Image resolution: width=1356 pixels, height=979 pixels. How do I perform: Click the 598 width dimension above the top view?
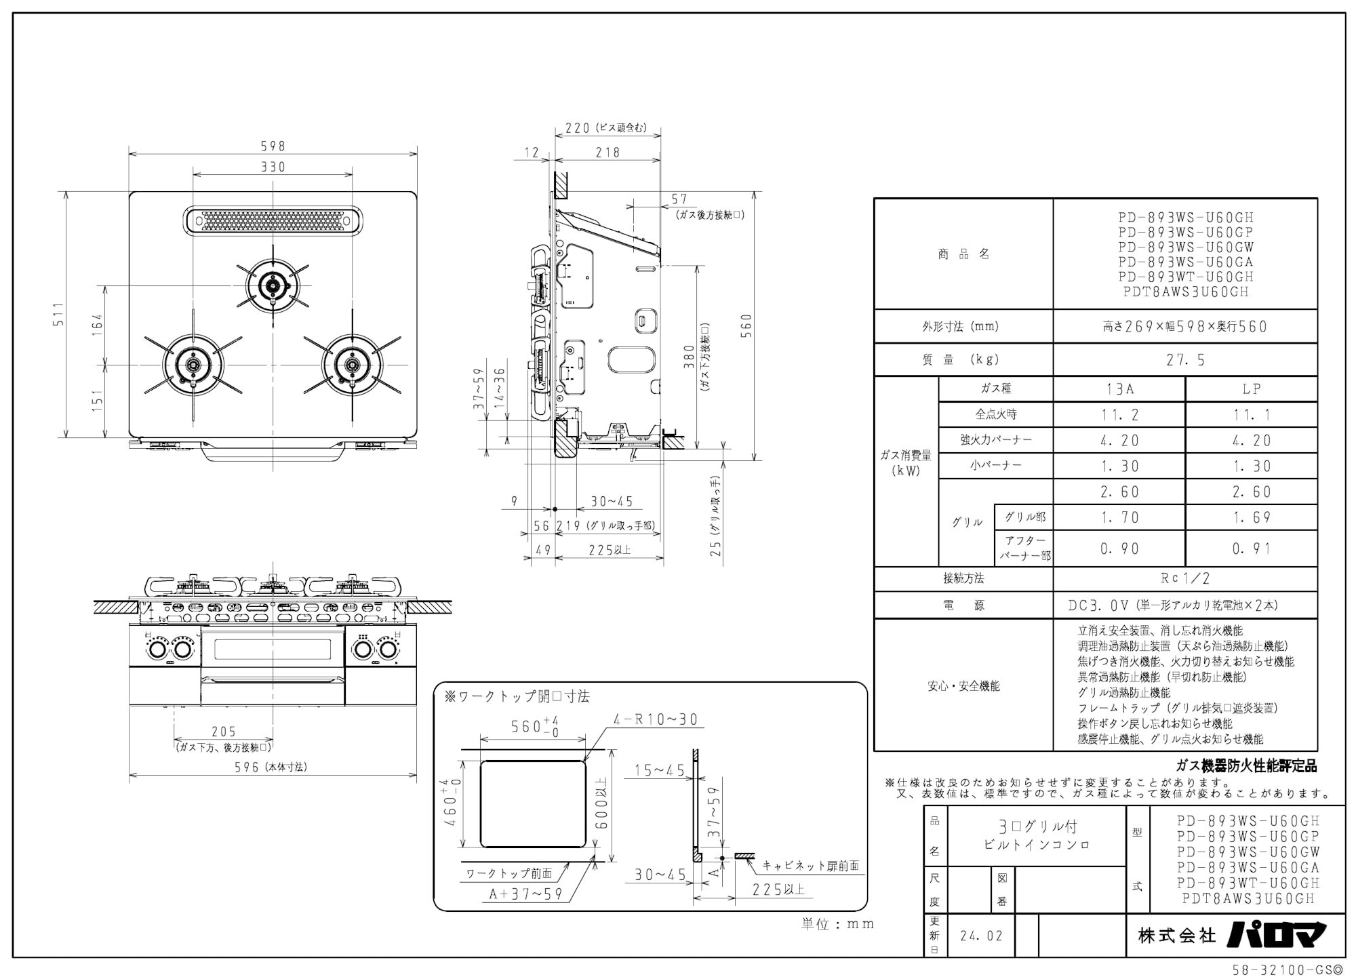coord(273,146)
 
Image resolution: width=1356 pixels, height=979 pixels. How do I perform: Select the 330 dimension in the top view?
coord(273,167)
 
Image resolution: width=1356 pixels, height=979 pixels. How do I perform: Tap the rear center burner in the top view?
coord(273,285)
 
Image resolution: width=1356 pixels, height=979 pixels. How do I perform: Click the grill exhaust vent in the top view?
coord(273,220)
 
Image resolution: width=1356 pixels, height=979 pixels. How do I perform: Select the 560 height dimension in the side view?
coord(746,326)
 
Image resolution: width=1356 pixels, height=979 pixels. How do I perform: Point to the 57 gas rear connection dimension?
coord(679,199)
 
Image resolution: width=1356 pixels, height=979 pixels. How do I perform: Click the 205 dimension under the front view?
coord(223,732)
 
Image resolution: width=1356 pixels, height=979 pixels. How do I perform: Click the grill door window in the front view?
coord(273,649)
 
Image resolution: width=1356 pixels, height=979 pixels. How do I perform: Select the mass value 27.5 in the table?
coord(1185,360)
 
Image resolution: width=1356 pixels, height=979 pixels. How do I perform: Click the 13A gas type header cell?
coord(1119,388)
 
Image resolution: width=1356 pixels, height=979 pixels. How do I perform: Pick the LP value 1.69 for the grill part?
coord(1252,517)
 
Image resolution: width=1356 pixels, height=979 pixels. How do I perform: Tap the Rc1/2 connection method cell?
coord(1185,578)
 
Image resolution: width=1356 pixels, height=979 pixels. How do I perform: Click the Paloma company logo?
coord(1276,935)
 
